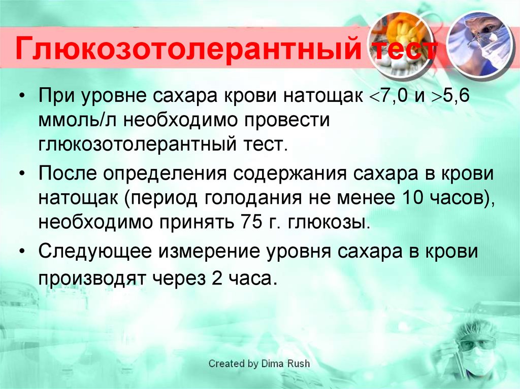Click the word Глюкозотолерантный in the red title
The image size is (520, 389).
[x=188, y=50]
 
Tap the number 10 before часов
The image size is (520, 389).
[x=413, y=197]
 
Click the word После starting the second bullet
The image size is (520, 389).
[x=68, y=173]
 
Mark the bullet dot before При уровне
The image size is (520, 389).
[x=22, y=96]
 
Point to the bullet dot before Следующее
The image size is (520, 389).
[x=22, y=252]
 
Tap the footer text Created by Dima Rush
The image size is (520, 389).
[x=259, y=364]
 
